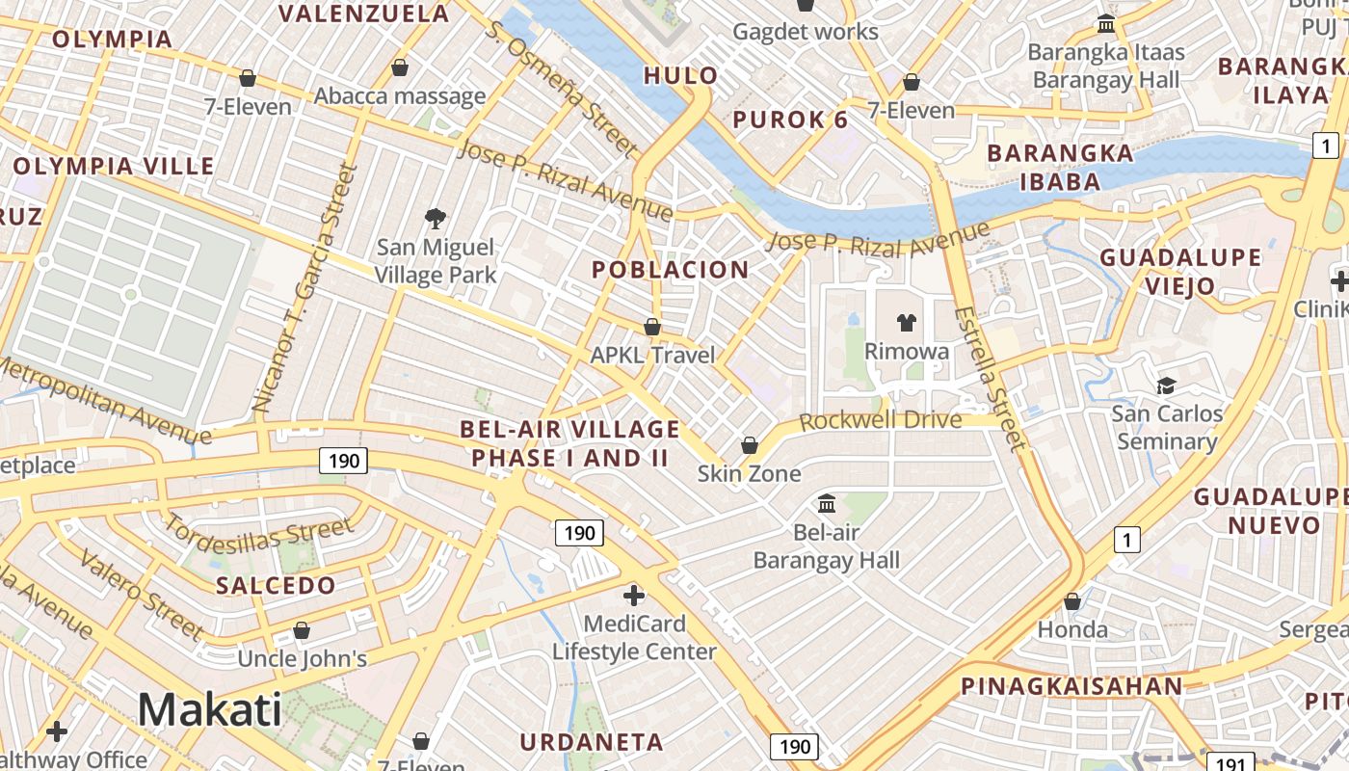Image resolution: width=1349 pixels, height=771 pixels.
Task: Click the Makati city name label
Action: point(209,709)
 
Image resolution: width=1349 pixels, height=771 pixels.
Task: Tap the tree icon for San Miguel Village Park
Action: point(436,219)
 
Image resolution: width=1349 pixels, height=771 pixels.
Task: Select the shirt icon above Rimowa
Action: point(906,322)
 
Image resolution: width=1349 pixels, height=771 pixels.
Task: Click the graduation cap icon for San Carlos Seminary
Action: point(1166,385)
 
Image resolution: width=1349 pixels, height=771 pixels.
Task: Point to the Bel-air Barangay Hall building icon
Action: point(826,503)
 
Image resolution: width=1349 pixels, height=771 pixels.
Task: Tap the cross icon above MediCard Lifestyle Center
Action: point(633,595)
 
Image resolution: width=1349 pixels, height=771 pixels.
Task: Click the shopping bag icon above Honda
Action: point(1071,601)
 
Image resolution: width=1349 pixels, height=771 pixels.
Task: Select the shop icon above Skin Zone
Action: point(749,445)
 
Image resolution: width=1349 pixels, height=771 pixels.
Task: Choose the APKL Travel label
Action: point(652,355)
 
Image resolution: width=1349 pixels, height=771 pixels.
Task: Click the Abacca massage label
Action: point(399,95)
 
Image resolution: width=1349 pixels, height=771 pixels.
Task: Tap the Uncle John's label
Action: point(302,659)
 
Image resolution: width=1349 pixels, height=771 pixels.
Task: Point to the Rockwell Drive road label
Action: point(880,420)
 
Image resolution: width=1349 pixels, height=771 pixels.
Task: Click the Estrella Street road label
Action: point(989,378)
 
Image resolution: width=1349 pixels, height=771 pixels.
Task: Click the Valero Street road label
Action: point(141,595)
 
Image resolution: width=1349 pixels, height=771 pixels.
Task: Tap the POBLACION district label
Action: point(670,270)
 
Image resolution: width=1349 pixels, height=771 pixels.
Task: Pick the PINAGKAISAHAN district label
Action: point(1071,686)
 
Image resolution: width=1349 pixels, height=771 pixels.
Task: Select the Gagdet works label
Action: point(805,32)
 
